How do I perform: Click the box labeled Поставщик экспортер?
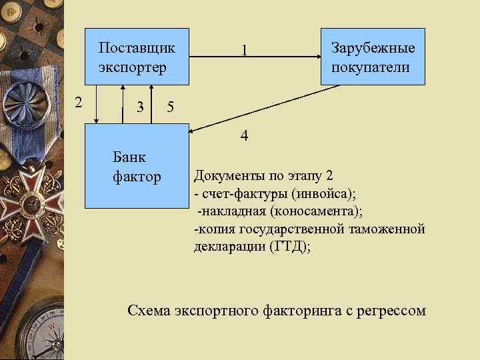pyautogui.click(x=137, y=57)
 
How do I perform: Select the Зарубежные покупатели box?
pyautogui.click(x=373, y=57)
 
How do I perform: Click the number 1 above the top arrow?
pyautogui.click(x=245, y=51)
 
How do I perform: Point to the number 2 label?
pyautogui.click(x=78, y=102)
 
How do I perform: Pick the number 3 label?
pyautogui.click(x=139, y=107)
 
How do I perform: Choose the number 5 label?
pyautogui.click(x=171, y=107)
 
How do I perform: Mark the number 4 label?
pyautogui.click(x=245, y=137)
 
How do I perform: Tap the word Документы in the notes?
pyautogui.click(x=226, y=177)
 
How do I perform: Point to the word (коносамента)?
pyautogui.click(x=321, y=211)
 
